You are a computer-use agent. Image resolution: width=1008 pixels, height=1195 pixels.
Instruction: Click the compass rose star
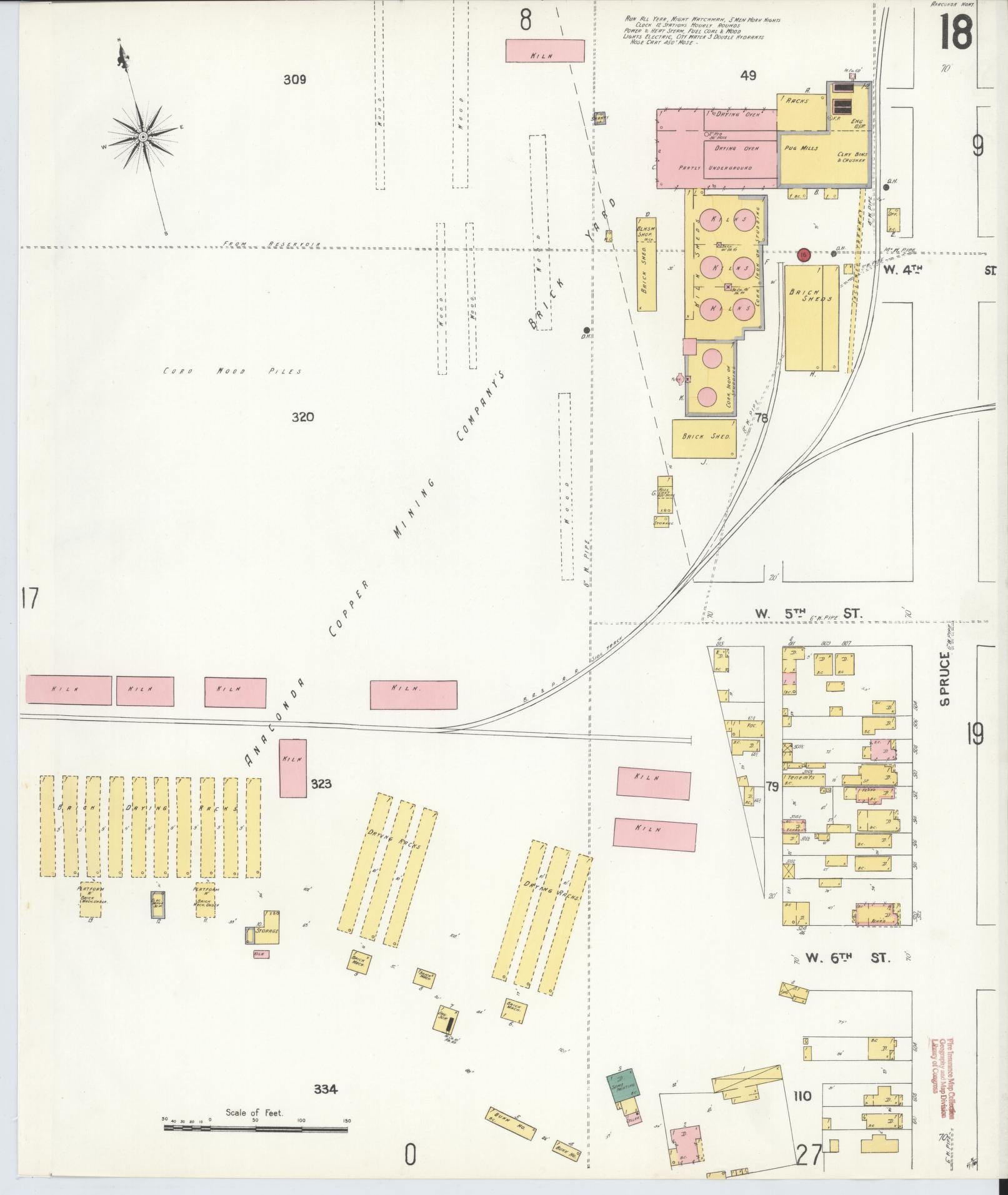point(143,136)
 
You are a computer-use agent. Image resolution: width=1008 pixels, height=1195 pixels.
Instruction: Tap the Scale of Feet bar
point(256,1128)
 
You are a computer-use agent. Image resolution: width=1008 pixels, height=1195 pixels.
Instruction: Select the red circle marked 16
point(804,254)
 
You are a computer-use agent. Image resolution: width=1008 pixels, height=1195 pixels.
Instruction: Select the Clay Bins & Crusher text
point(851,157)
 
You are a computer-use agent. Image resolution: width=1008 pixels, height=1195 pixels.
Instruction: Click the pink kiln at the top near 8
point(544,51)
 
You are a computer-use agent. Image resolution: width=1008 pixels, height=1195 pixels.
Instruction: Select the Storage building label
point(266,931)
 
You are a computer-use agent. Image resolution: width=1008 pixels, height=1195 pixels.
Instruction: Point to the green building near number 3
point(623,1088)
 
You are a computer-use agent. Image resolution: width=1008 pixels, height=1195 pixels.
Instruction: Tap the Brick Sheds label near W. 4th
point(811,295)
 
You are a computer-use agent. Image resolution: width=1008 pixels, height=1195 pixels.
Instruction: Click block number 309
point(294,80)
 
